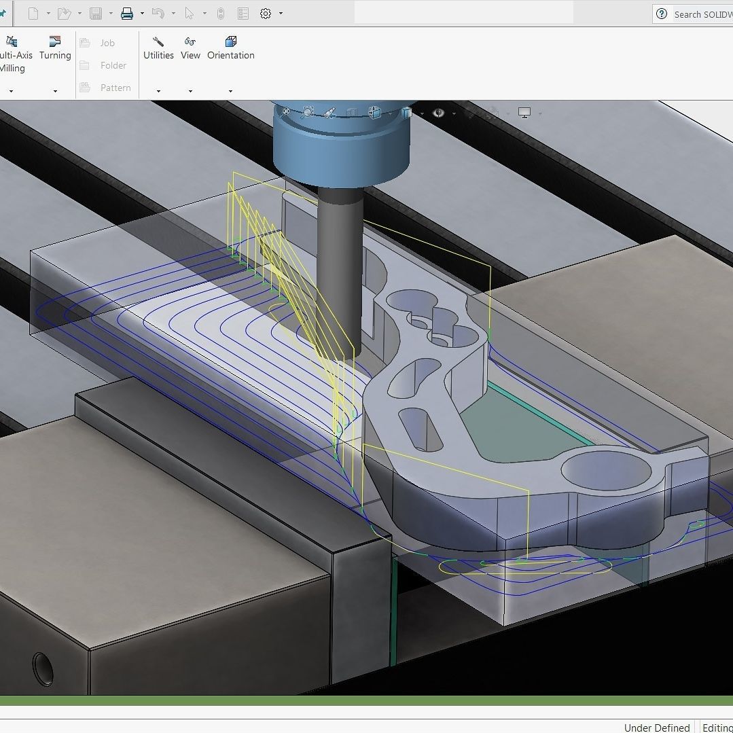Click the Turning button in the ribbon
click(x=55, y=49)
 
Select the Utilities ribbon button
click(x=158, y=49)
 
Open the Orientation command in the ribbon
click(x=230, y=49)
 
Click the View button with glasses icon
click(x=190, y=49)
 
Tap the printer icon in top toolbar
click(x=127, y=14)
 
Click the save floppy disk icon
click(x=96, y=14)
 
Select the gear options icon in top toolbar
click(x=266, y=14)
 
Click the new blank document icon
click(x=33, y=14)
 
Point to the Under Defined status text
click(x=656, y=728)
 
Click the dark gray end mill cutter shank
click(x=339, y=272)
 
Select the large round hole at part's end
click(x=605, y=470)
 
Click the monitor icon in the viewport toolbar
click(x=524, y=113)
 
